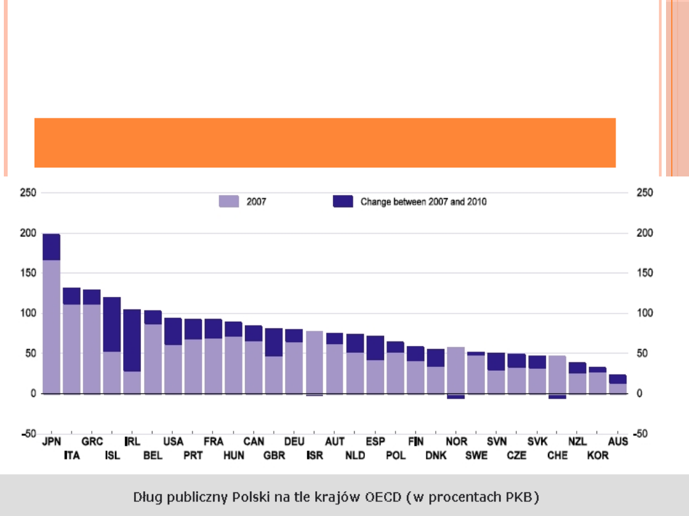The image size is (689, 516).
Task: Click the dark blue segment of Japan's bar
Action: click(x=52, y=247)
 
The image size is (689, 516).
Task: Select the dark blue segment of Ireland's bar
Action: click(x=132, y=340)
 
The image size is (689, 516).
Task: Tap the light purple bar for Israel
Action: click(x=314, y=362)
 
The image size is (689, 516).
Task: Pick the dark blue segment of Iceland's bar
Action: click(x=112, y=324)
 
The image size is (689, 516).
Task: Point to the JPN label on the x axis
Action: click(x=52, y=441)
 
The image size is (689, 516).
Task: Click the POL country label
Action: click(x=396, y=455)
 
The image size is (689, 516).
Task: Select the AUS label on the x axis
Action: click(x=618, y=441)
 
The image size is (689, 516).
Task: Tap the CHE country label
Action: click(x=557, y=455)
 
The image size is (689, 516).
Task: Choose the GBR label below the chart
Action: click(x=274, y=455)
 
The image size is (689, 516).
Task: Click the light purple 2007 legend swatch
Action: click(x=228, y=201)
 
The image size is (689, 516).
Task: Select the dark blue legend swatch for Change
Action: click(x=343, y=201)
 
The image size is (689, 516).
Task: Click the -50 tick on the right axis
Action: click(x=645, y=434)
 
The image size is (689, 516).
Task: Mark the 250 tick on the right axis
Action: click(x=645, y=192)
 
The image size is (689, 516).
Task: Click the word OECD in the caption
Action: click(x=382, y=496)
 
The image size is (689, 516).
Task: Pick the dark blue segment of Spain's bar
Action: click(x=375, y=348)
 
